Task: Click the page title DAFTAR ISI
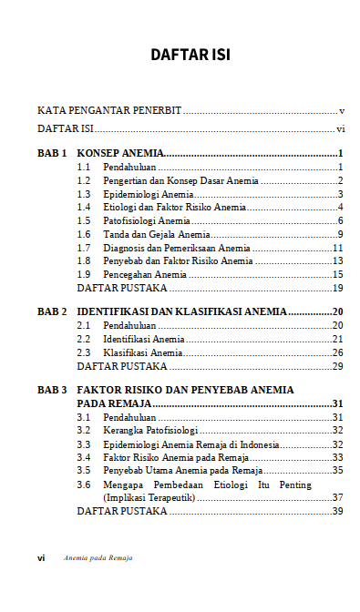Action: point(190,56)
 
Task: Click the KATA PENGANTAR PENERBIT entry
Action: point(109,110)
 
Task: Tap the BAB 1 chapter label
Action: point(52,153)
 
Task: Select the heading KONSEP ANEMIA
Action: point(119,153)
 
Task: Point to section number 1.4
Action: point(83,208)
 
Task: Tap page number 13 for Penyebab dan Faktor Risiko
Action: point(336,261)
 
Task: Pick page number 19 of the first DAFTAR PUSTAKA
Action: point(336,289)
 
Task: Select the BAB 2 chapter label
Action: point(52,311)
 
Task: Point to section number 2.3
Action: point(83,352)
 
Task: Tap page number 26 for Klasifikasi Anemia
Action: point(336,352)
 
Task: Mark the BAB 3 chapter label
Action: point(52,390)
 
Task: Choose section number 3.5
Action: point(83,471)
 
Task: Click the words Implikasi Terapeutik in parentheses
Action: point(148,498)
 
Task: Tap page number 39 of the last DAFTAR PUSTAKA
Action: point(336,512)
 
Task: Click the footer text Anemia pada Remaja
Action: point(98,557)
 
